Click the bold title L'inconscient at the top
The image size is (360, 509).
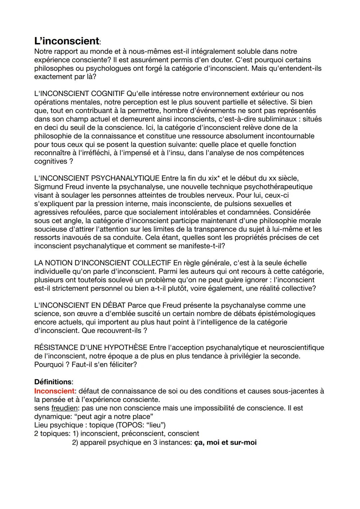[x=67, y=41]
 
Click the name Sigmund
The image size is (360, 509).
[x=48, y=187]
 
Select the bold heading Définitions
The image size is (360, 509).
[x=53, y=382]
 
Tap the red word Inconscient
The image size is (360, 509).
[x=54, y=391]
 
